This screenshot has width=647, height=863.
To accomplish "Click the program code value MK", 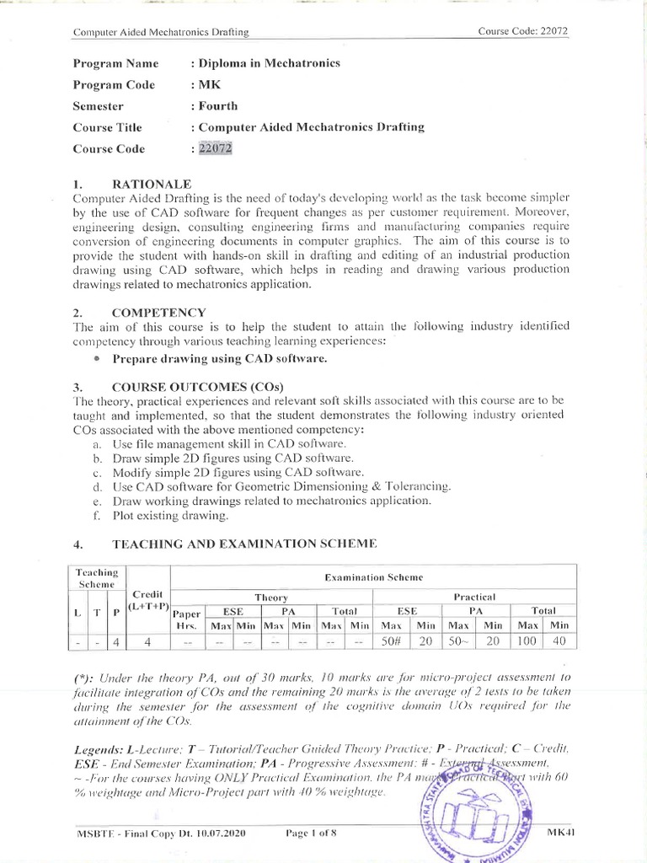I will [x=208, y=84].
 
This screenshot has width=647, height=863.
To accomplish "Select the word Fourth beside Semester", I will [x=217, y=106].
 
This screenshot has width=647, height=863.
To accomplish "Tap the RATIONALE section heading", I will [x=152, y=183].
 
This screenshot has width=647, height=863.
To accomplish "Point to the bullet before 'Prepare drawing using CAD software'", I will [x=98, y=359].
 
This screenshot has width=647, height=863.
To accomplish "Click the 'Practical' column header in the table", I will [x=474, y=597].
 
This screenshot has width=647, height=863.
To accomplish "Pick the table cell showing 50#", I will [x=391, y=641].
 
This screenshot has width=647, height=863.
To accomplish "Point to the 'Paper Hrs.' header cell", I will [x=187, y=619].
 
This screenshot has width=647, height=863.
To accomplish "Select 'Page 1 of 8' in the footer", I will [x=311, y=834].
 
